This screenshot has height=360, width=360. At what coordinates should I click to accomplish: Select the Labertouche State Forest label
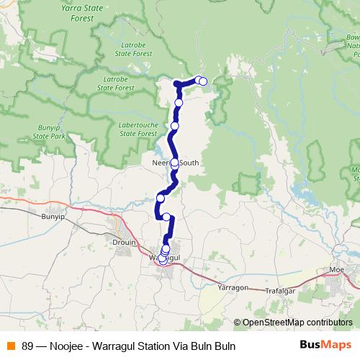138,129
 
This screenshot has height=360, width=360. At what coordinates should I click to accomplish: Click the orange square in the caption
11,346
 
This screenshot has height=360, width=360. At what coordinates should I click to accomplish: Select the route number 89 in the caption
27,346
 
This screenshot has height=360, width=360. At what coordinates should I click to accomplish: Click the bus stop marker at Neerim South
174,163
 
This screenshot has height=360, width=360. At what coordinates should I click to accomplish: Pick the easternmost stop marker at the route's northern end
203,81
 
